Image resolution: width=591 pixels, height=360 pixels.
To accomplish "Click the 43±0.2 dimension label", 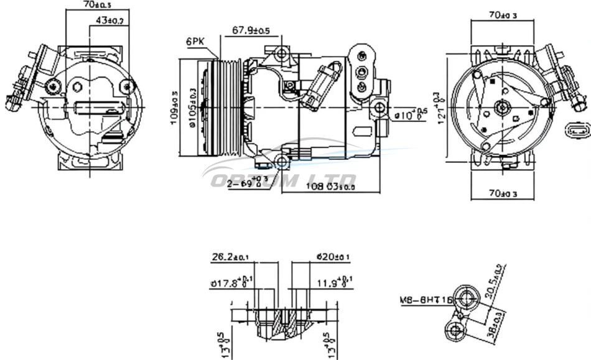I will (x=109, y=21).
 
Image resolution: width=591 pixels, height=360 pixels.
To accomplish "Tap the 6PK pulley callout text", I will (x=195, y=42).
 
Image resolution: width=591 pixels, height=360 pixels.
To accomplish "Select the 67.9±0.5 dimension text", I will (x=251, y=30).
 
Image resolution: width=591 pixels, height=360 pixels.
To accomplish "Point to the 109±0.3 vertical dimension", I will (x=175, y=107).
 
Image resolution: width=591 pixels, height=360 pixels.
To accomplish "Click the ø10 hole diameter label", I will (x=411, y=114).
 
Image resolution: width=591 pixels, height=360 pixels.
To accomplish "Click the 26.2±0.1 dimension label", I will (x=230, y=256).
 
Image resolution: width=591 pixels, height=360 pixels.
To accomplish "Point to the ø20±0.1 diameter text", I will (x=333, y=256).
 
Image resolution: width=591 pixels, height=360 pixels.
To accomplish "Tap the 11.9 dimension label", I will (x=335, y=283).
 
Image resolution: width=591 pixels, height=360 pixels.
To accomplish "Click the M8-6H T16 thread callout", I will (x=426, y=301).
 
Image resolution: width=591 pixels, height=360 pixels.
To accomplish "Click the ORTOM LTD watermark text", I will (x=283, y=180).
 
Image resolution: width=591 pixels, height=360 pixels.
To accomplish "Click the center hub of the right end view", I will (x=502, y=108).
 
